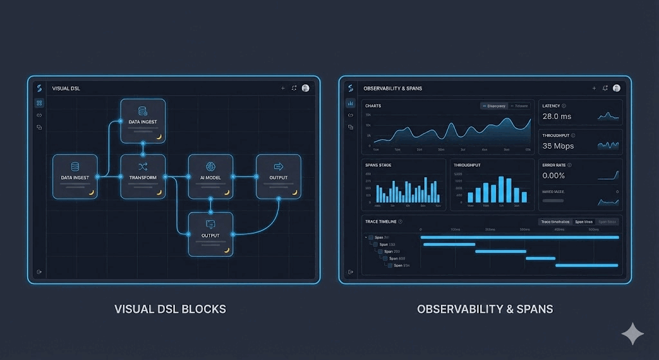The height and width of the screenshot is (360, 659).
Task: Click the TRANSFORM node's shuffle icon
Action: point(143,166)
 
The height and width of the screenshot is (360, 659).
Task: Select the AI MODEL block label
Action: point(210,178)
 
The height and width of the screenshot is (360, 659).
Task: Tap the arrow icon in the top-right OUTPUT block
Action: point(279,166)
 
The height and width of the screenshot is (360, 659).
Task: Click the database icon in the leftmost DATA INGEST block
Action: point(75,166)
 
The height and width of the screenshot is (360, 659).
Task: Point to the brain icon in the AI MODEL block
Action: point(210,166)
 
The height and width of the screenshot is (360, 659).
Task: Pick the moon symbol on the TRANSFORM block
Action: point(158,192)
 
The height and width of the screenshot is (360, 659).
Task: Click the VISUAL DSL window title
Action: point(66,88)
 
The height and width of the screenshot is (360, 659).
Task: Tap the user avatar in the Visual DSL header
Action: point(305,88)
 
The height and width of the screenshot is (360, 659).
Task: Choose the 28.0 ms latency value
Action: point(557,117)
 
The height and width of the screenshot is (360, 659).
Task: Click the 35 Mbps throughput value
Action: point(558,146)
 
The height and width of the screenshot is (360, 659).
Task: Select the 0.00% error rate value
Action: point(553,175)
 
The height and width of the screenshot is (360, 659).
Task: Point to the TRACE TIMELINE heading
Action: point(380,222)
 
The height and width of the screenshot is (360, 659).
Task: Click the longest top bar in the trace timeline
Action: point(519,237)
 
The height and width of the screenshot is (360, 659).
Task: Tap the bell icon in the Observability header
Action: point(605,88)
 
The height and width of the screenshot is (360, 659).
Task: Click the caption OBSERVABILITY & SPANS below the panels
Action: point(485,309)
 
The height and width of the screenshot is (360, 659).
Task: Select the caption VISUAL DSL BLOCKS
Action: point(170,309)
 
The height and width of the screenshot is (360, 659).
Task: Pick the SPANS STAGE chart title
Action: point(378,165)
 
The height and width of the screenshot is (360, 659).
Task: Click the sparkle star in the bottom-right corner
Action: point(632,334)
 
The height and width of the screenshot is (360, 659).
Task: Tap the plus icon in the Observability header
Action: point(593,88)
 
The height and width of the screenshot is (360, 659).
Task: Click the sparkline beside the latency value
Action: point(608,117)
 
